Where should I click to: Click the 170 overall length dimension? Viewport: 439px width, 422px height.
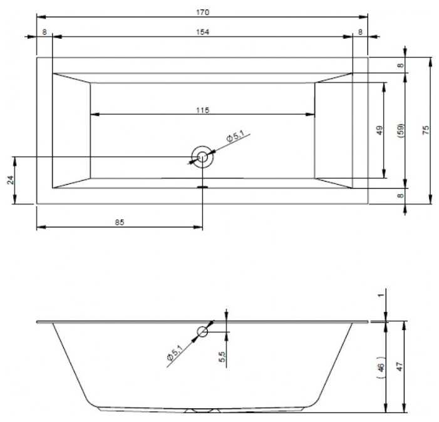pyautogui.click(x=202, y=13)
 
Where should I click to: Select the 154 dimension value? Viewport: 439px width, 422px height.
pyautogui.click(x=202, y=33)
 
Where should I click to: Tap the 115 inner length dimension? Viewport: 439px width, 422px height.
pyautogui.click(x=202, y=110)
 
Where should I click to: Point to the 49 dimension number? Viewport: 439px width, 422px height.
pyautogui.click(x=380, y=130)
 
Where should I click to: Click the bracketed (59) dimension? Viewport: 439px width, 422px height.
pyautogui.click(x=401, y=130)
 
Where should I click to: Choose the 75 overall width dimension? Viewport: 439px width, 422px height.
pyautogui.click(x=425, y=130)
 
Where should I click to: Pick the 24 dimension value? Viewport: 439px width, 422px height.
pyautogui.click(x=11, y=180)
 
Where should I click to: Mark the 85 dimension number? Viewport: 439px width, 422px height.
pyautogui.click(x=120, y=222)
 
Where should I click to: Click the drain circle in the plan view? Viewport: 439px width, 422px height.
pyautogui.click(x=202, y=157)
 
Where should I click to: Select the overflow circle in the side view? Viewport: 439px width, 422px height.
pyautogui.click(x=203, y=331)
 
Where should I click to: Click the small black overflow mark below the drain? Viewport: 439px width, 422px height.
pyautogui.click(x=202, y=186)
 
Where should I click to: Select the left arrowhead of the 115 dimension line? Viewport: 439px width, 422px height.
pyautogui.click(x=95, y=114)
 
